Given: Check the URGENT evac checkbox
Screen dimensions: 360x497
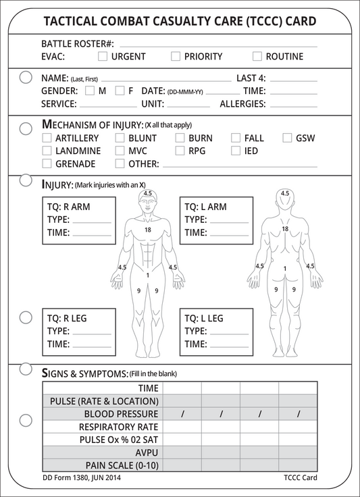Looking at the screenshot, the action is [103, 57].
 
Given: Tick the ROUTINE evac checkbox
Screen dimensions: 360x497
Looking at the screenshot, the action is [257, 57].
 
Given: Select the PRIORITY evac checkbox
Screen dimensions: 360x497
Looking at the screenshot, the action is [176, 57].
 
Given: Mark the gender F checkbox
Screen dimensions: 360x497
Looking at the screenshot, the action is [120, 91].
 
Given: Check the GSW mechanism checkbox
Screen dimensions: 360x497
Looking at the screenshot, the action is [287, 138].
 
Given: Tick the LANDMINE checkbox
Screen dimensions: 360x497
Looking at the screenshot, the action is [47, 151].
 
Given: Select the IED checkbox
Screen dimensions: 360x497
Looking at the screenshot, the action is [236, 151].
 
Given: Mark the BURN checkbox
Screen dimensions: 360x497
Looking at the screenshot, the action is [180, 138].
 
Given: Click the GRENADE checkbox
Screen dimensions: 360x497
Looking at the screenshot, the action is [47, 163].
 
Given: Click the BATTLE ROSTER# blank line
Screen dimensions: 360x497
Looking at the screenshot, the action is [219, 47].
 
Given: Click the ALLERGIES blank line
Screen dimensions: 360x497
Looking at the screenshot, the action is [294, 107].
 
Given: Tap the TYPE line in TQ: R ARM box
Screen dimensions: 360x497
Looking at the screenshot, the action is [92, 223].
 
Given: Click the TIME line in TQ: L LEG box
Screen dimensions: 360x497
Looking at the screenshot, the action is [229, 347].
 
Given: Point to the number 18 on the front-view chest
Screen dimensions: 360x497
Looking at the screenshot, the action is [148, 230].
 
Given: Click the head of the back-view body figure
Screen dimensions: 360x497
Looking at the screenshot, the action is [285, 199].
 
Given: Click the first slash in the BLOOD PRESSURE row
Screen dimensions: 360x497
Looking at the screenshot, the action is [182, 414].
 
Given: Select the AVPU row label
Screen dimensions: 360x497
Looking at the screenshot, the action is [147, 452].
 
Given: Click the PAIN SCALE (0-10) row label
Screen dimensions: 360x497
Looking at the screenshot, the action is [122, 466].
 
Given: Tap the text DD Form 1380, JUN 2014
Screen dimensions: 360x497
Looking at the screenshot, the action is [82, 477].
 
